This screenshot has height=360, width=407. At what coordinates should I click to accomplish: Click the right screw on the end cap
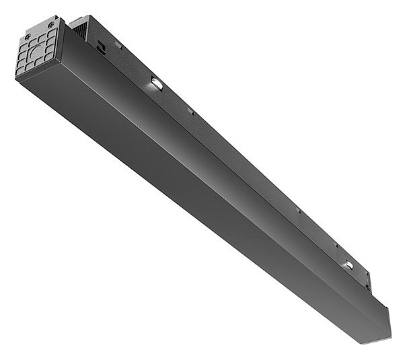52,26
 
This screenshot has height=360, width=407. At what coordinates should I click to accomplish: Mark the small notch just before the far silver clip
334,244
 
